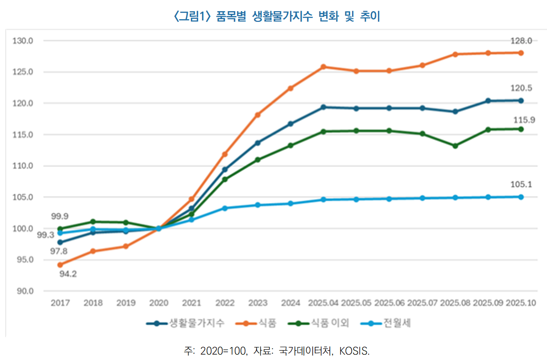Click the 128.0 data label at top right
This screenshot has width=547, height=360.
[x=521, y=41]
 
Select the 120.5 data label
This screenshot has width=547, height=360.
[x=521, y=88]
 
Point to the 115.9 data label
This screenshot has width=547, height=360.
[x=521, y=120]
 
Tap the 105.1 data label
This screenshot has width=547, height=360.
[x=521, y=184]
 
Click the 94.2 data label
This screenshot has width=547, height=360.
[x=68, y=274]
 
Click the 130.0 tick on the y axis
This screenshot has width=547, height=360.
[x=23, y=41]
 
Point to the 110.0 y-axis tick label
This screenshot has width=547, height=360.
[x=23, y=166]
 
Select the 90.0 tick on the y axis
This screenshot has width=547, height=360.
[x=23, y=291]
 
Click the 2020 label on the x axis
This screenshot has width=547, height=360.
[x=158, y=303]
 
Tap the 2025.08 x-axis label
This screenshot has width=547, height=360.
[x=455, y=303]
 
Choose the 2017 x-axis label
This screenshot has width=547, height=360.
[x=60, y=303]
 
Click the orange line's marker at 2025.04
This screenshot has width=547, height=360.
[x=323, y=67]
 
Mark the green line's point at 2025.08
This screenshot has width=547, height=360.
[x=455, y=146]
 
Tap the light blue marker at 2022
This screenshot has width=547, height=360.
[x=225, y=208]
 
